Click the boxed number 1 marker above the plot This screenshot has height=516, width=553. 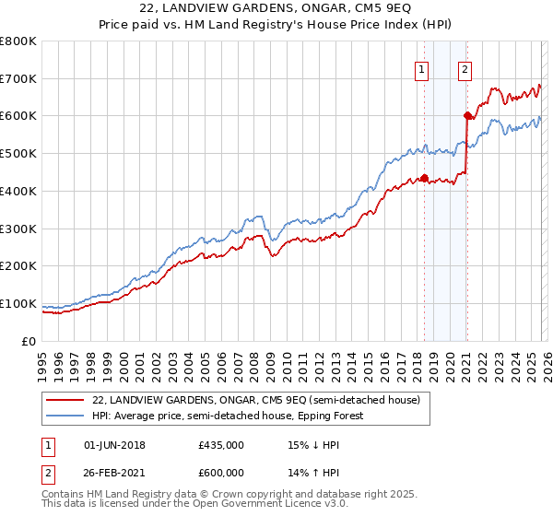tap(422, 68)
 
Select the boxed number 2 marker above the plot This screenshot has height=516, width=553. tap(465, 68)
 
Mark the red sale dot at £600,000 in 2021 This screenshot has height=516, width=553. tap(467, 116)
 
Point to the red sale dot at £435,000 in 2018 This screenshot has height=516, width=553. tap(424, 178)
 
